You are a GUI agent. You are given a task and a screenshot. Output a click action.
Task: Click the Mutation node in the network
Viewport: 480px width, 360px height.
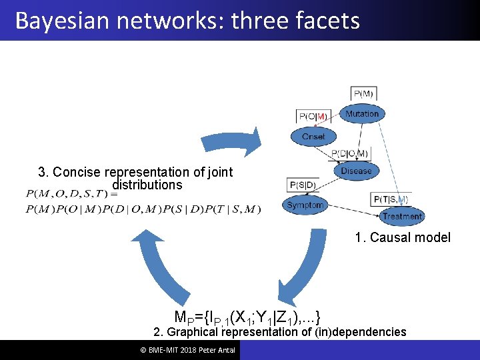point(362,114)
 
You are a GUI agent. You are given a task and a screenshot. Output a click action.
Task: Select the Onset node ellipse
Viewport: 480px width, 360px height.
point(313,137)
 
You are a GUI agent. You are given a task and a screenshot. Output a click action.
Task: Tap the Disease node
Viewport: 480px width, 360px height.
point(357,171)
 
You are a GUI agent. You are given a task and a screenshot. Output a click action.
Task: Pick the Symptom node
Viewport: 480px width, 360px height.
point(305,205)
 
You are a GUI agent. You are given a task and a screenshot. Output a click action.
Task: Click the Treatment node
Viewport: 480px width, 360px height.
point(402,216)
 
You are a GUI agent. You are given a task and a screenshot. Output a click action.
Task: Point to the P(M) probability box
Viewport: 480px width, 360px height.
point(363,94)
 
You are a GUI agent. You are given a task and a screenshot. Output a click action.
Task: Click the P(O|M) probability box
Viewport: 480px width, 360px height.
point(313,117)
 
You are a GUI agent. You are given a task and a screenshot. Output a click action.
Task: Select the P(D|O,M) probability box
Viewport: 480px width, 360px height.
point(350,154)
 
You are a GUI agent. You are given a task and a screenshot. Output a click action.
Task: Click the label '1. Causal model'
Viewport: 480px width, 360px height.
point(403,237)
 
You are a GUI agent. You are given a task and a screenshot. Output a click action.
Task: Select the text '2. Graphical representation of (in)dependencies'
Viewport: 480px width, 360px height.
point(279,332)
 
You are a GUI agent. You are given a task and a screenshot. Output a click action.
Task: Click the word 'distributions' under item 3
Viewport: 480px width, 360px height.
point(147,185)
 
